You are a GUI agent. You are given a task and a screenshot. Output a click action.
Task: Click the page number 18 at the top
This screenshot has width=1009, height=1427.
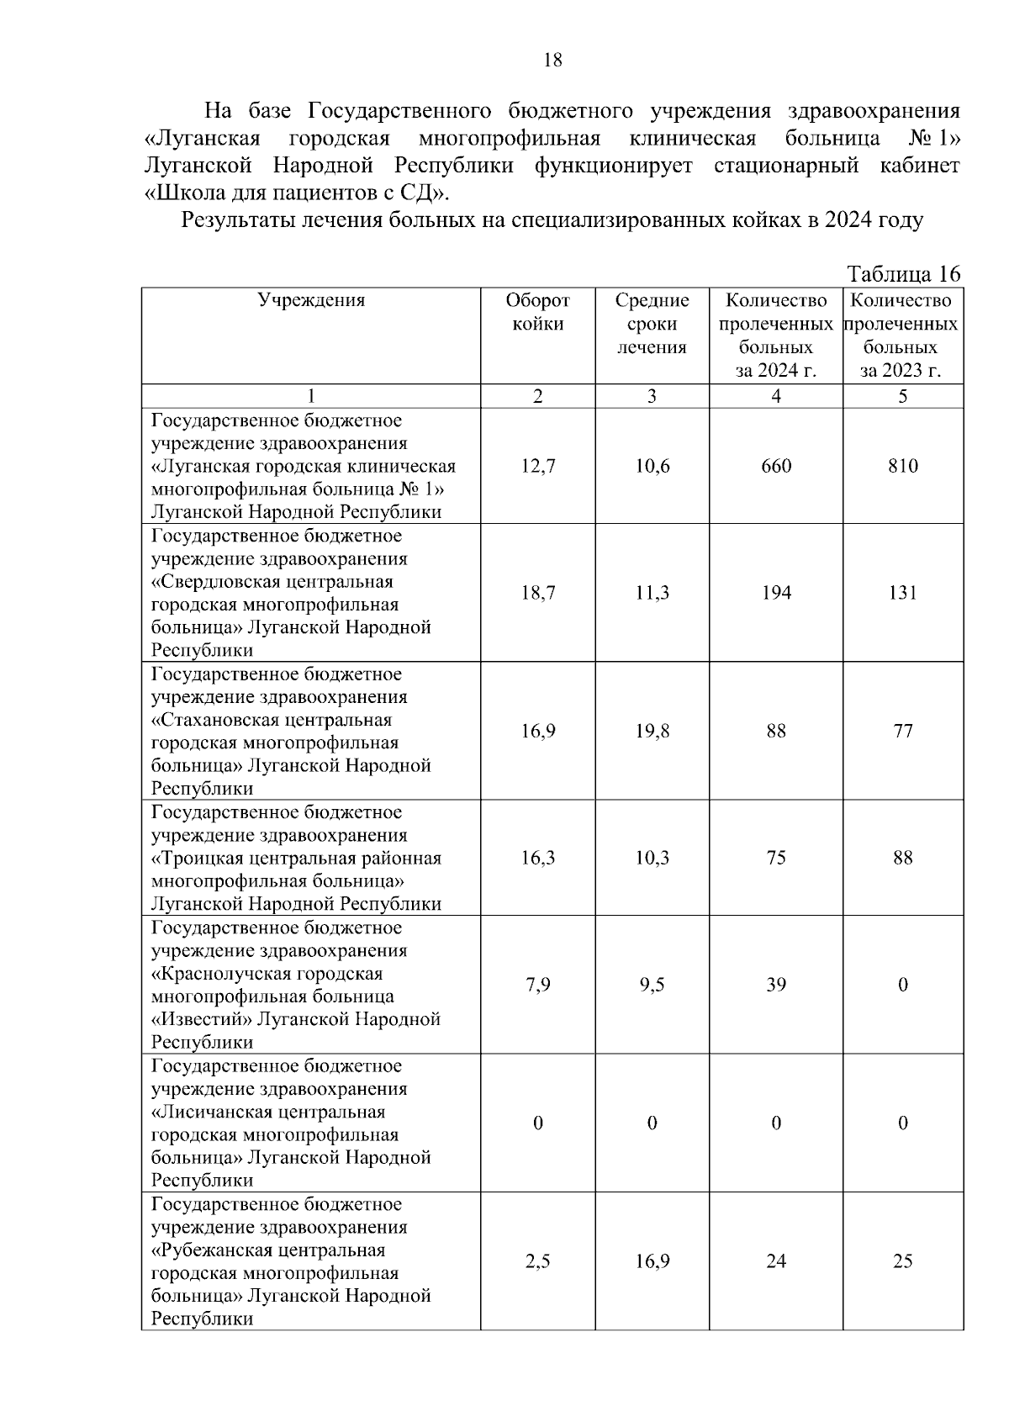(x=553, y=60)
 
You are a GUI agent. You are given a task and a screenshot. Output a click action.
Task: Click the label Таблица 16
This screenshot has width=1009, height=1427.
(x=903, y=274)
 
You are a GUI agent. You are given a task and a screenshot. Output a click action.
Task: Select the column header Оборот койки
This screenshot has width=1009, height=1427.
(x=537, y=312)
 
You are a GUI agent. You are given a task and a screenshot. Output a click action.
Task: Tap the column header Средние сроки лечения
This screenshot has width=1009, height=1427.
(x=652, y=324)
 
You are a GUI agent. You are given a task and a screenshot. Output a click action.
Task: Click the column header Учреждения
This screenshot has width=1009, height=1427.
(x=311, y=300)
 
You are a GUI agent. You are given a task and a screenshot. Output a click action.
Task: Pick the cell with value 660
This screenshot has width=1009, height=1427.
(x=775, y=466)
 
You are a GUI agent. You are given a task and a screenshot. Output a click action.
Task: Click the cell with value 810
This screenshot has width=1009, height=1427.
(x=902, y=466)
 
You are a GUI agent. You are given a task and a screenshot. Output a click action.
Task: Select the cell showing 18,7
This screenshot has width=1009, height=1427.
(x=537, y=593)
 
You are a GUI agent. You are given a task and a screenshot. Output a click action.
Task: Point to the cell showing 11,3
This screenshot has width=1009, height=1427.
(x=652, y=593)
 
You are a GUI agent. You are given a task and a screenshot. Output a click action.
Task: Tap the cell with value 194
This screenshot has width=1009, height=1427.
(x=775, y=593)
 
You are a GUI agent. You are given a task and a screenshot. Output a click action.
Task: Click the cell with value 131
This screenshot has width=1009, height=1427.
(x=902, y=593)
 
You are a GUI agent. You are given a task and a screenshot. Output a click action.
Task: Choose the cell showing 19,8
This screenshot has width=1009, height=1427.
(x=652, y=731)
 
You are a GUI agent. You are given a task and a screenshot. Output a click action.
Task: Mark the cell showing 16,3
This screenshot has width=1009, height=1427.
(x=537, y=858)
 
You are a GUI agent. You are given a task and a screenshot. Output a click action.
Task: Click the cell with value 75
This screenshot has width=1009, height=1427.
(x=775, y=858)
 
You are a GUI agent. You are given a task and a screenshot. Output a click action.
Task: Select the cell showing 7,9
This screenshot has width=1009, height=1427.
(x=537, y=985)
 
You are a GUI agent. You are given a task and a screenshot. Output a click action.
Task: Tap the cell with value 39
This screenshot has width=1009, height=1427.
(x=775, y=985)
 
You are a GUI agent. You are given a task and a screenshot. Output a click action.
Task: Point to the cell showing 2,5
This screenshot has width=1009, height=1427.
(x=537, y=1261)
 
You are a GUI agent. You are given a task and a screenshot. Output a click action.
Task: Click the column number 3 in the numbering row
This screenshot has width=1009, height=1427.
(x=652, y=396)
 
